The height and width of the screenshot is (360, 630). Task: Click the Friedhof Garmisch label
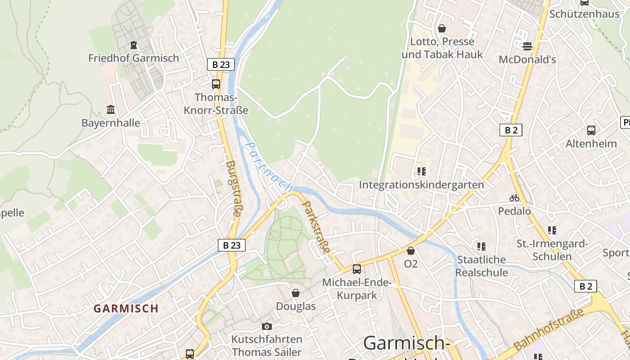click(x=133, y=58)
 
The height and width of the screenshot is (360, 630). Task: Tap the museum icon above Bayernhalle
click(x=111, y=109)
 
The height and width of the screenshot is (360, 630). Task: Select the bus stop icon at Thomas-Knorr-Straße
click(x=216, y=84)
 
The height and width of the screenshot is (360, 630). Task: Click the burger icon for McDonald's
click(x=527, y=46)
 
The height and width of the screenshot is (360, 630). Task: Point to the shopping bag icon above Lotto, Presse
click(x=442, y=28)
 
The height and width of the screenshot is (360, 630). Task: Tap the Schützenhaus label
click(x=584, y=14)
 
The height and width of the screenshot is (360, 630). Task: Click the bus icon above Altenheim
click(x=591, y=130)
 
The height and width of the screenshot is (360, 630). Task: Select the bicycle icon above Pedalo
click(x=514, y=198)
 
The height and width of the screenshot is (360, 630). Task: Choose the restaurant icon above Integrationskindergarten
click(x=422, y=171)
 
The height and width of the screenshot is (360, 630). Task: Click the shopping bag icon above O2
click(x=411, y=251)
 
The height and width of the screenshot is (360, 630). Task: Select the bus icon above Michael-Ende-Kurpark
click(x=357, y=269)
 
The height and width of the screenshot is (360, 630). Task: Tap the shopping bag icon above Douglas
click(x=296, y=293)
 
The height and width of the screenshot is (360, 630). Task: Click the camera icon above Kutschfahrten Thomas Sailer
click(x=267, y=326)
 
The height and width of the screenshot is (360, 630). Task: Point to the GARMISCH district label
click(x=126, y=309)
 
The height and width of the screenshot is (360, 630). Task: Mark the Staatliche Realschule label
click(x=481, y=266)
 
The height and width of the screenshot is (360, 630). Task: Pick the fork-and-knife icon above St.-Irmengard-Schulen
click(x=552, y=230)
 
